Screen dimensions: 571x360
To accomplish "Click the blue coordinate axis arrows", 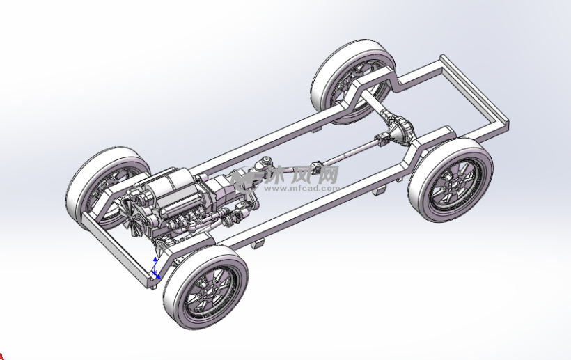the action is (x=155, y=268).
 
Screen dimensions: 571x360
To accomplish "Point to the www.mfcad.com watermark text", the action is (x=302, y=188).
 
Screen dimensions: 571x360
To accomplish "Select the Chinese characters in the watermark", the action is (x=302, y=174).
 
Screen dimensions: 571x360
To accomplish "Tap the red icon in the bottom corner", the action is (x=1, y=357).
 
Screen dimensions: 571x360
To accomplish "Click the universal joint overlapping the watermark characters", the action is (x=316, y=169).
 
